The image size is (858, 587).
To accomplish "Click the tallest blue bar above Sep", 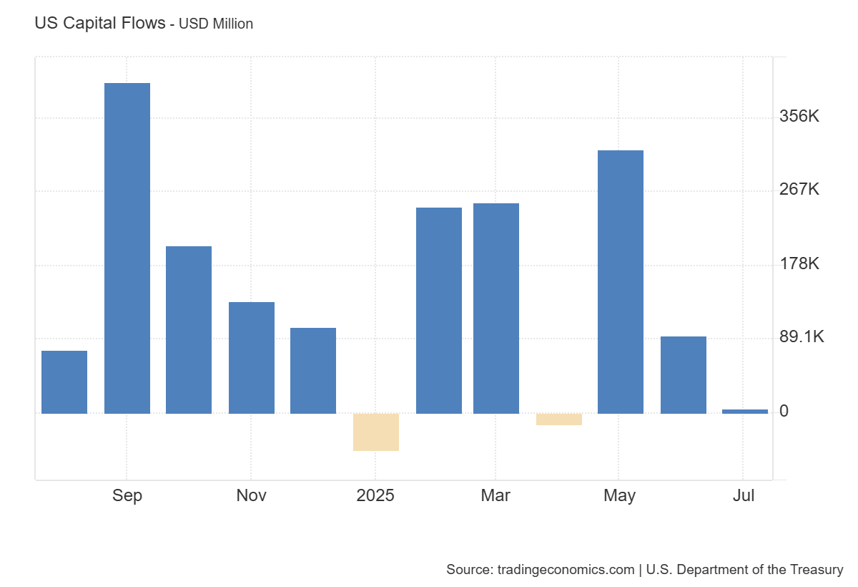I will click(127, 248).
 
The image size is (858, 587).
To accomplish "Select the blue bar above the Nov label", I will click(252, 357).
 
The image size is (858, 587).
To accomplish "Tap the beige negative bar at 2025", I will click(376, 432).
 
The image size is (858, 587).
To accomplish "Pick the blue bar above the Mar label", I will click(496, 308).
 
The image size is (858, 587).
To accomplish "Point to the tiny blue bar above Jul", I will click(745, 412).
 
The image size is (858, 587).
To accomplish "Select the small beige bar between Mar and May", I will click(559, 419).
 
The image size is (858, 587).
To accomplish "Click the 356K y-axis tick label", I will click(799, 116).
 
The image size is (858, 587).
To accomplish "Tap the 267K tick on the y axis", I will click(799, 190).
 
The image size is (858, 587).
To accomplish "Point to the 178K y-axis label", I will click(799, 263).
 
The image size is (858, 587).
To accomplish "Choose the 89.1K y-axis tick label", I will click(802, 337).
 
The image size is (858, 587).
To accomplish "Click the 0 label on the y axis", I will click(784, 411).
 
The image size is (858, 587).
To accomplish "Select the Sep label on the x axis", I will click(127, 495).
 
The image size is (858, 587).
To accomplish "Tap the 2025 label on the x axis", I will click(375, 495).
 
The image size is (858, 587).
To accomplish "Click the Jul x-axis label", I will click(744, 495).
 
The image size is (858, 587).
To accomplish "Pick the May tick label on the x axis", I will click(619, 495).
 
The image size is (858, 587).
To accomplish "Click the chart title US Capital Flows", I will click(99, 23).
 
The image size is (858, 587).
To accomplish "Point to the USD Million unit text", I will click(216, 24).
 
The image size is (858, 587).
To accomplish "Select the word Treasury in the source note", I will click(817, 570).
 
